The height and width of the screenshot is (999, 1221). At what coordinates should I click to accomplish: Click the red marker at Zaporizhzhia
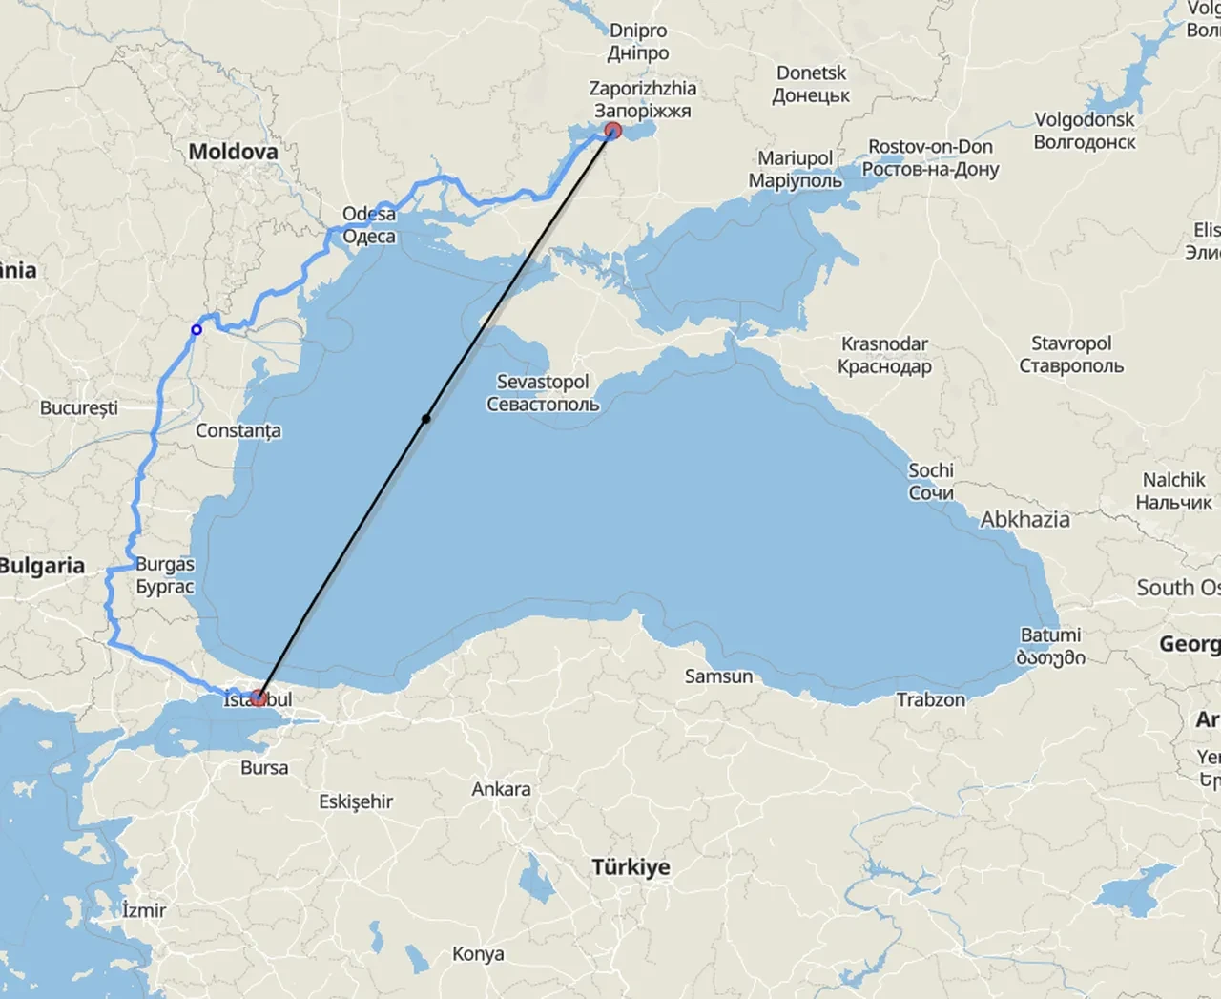click(613, 131)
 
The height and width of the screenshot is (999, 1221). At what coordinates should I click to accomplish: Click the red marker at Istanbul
click(258, 697)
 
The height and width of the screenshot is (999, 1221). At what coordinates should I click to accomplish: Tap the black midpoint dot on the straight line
click(426, 419)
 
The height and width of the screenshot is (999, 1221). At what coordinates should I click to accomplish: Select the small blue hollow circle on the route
click(197, 330)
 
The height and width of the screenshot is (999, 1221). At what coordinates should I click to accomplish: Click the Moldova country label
click(233, 152)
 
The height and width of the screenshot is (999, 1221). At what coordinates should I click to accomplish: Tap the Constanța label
click(238, 430)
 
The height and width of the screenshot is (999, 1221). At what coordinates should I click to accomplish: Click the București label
click(79, 407)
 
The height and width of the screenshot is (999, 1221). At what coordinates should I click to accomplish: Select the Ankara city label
click(501, 789)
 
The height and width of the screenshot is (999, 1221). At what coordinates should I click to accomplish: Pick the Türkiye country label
click(631, 867)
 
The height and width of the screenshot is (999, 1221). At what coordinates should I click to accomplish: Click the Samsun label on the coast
click(718, 676)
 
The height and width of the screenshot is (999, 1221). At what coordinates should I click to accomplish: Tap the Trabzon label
click(930, 699)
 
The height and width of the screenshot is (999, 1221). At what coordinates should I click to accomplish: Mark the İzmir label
click(144, 910)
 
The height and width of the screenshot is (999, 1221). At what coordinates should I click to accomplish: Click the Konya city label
click(478, 953)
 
